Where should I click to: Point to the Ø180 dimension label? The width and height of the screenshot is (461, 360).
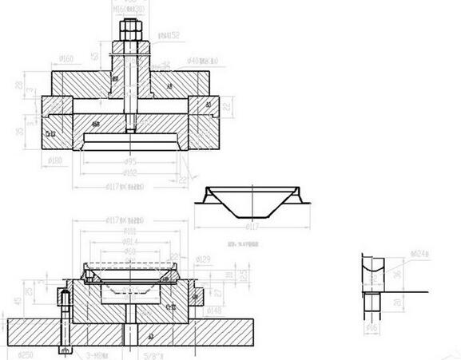[x=55, y=162]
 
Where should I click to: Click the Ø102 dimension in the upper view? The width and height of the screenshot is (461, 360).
[x=129, y=172]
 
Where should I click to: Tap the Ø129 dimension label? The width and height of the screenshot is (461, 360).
[x=203, y=259]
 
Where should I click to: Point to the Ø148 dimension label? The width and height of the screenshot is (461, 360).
[x=213, y=311]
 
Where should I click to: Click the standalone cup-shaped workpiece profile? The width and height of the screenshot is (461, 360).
[x=253, y=204]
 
